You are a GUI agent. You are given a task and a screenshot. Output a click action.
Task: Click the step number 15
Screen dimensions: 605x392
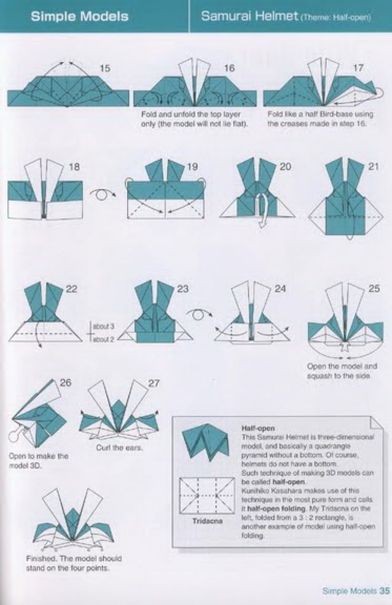click(105, 69)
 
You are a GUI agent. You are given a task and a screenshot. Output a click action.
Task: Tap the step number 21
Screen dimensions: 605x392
click(374, 166)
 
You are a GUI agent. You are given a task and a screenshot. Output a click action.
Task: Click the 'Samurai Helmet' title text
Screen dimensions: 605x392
click(249, 15)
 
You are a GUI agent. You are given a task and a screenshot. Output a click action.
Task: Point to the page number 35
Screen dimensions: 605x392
click(385, 591)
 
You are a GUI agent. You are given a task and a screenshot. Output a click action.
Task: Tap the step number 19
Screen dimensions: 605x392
click(192, 166)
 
